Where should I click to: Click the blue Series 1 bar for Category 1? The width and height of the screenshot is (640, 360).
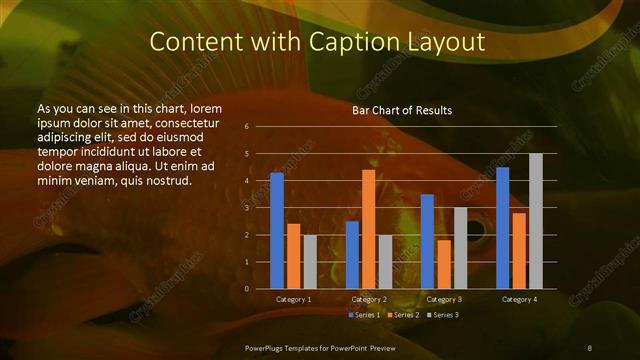click(x=277, y=231)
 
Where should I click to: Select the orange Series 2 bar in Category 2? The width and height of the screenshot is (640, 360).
click(x=368, y=229)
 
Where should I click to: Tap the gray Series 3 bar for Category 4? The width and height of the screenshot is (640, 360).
click(x=535, y=221)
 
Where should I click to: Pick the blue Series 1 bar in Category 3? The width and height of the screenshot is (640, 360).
click(x=427, y=241)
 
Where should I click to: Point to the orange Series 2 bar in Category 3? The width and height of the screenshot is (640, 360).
click(x=443, y=264)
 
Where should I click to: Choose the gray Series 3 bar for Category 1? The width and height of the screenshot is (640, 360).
click(x=309, y=262)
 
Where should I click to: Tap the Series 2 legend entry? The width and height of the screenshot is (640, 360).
click(x=404, y=315)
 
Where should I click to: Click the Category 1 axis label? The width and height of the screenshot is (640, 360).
click(x=293, y=299)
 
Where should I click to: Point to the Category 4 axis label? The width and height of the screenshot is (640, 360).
click(x=519, y=299)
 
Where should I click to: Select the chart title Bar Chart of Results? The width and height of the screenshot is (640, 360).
click(x=402, y=110)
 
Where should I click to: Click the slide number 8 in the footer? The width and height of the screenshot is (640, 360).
click(x=589, y=346)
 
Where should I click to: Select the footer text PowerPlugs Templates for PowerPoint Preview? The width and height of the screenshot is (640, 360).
click(x=320, y=346)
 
